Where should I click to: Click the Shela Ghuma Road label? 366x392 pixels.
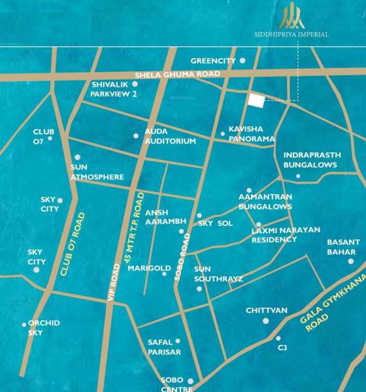point(177,75)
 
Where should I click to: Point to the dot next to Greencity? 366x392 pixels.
point(242,61)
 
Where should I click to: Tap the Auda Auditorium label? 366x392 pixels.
point(170,136)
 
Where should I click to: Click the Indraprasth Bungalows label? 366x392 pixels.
point(310,160)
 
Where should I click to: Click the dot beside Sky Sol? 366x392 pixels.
point(199,216)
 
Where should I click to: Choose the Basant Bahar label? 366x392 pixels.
point(342,246)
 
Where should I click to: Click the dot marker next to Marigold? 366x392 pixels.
point(164,273)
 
